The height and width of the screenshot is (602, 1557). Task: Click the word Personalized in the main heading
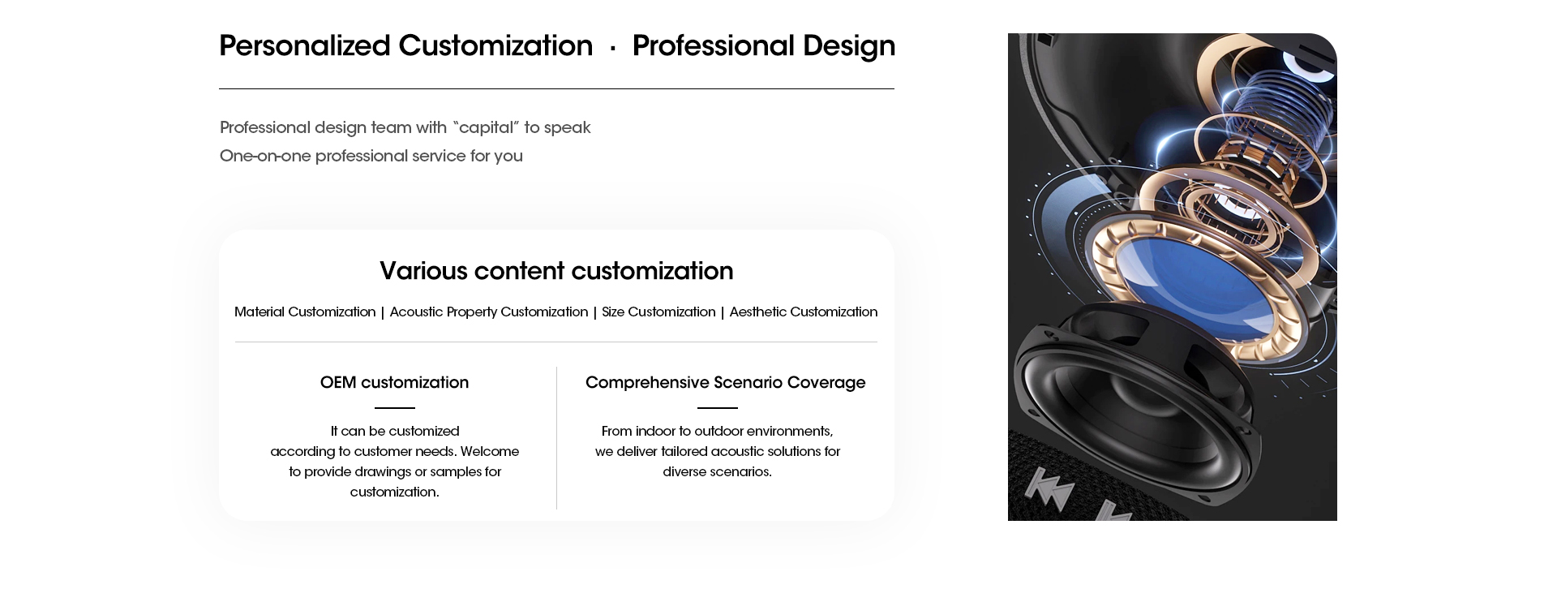(x=305, y=45)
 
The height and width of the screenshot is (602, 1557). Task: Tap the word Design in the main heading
(x=849, y=46)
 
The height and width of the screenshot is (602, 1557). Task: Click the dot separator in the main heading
(x=612, y=49)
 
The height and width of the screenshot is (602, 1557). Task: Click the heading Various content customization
(x=556, y=270)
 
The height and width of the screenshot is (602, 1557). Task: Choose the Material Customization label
(x=305, y=312)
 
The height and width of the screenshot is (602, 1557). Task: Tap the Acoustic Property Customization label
(x=489, y=312)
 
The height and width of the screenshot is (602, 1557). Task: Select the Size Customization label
(x=658, y=312)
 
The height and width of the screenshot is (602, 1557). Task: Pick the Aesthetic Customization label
(x=804, y=312)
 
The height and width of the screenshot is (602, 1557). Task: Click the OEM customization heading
(x=394, y=382)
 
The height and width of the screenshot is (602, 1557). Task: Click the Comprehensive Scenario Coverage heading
(x=726, y=382)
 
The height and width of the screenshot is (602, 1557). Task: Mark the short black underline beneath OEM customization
(x=395, y=407)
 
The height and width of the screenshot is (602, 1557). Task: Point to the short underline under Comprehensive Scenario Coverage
(x=718, y=407)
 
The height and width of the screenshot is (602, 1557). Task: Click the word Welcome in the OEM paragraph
(x=489, y=451)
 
